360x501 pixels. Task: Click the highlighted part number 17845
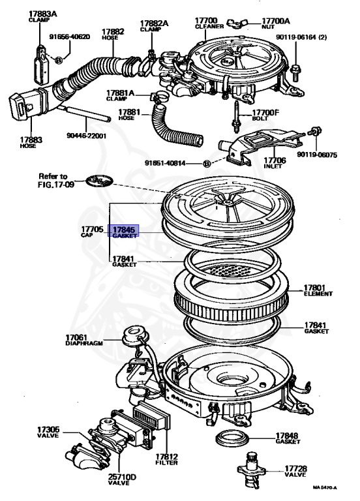(x=124, y=230)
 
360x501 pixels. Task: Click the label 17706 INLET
(x=275, y=162)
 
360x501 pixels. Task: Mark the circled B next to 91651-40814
(x=207, y=163)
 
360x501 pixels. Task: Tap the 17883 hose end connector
(x=21, y=106)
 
